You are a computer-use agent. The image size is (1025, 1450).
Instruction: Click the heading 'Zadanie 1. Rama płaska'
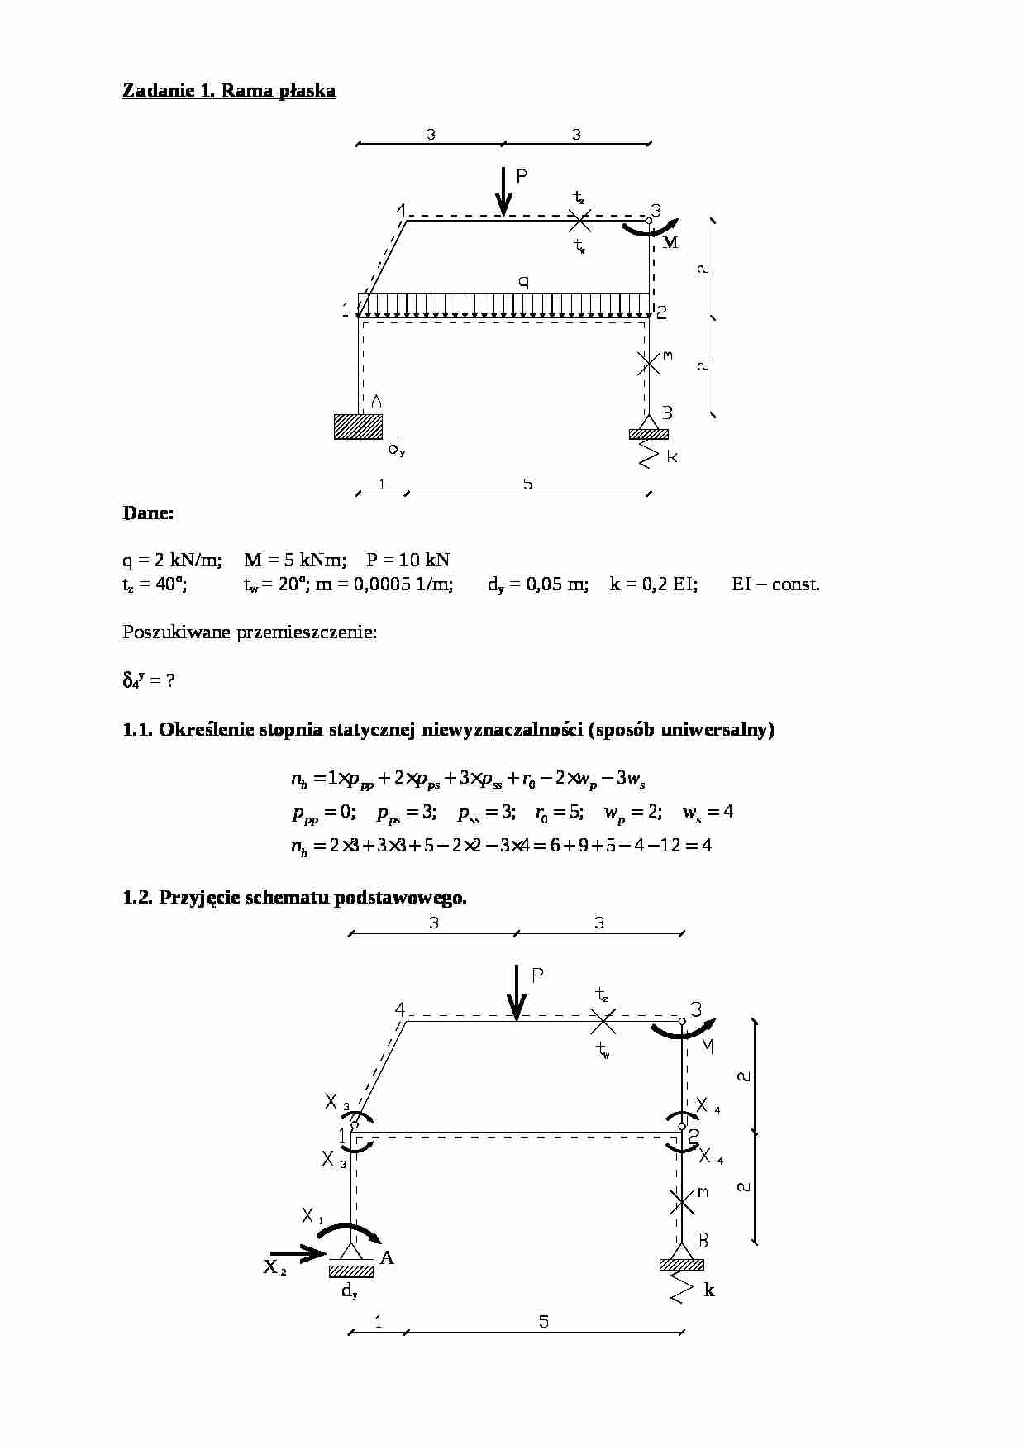(229, 91)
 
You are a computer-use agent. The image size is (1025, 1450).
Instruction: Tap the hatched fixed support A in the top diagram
(358, 426)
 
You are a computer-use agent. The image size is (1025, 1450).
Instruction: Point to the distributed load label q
(523, 281)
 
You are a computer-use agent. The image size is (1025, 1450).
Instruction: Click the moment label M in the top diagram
(670, 243)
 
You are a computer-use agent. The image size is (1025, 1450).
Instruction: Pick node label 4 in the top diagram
(401, 210)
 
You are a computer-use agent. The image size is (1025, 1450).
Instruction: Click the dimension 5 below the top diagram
(527, 484)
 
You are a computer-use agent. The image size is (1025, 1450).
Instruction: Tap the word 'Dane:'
(148, 513)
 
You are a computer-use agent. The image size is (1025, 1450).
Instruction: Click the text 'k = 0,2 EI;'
(653, 584)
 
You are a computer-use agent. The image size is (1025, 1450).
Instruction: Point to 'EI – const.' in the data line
(775, 584)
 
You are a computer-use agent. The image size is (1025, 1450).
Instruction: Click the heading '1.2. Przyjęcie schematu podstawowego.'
(294, 898)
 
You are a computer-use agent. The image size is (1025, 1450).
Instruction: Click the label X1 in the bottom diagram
(312, 1216)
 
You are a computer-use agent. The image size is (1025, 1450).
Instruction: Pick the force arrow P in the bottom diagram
(517, 992)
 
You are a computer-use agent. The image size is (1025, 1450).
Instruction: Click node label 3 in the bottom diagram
(695, 1009)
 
